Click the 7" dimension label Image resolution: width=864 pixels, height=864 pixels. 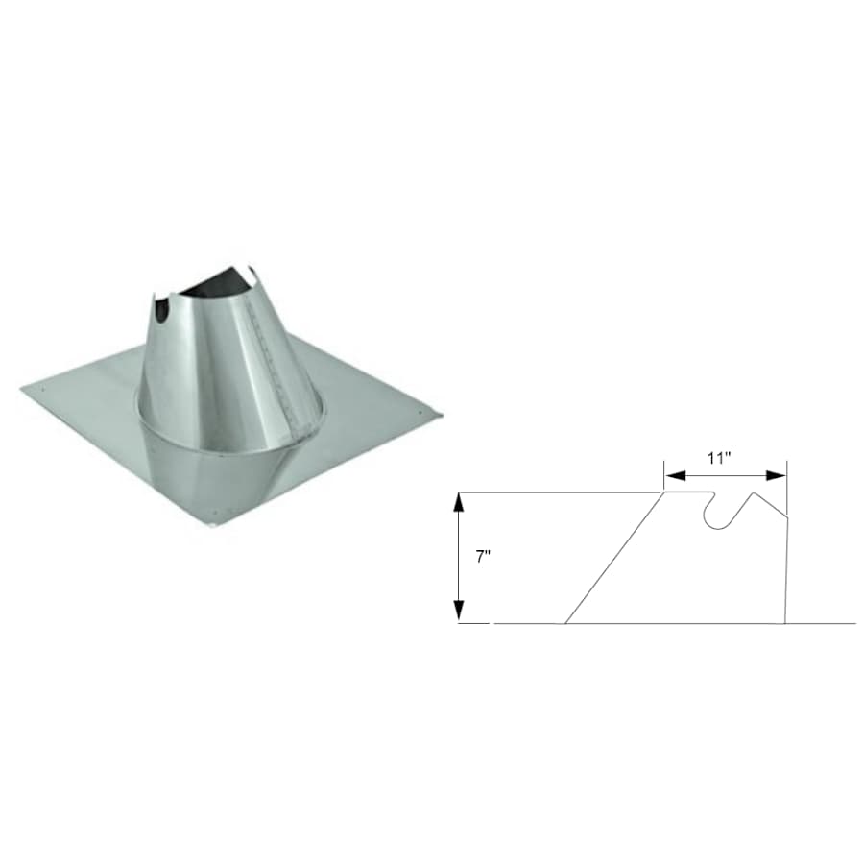click(482, 557)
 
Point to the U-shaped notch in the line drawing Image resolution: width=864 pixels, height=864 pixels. click(717, 514)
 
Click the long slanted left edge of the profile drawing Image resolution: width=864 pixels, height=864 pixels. click(614, 558)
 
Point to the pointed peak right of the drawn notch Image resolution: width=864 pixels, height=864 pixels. click(756, 493)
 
